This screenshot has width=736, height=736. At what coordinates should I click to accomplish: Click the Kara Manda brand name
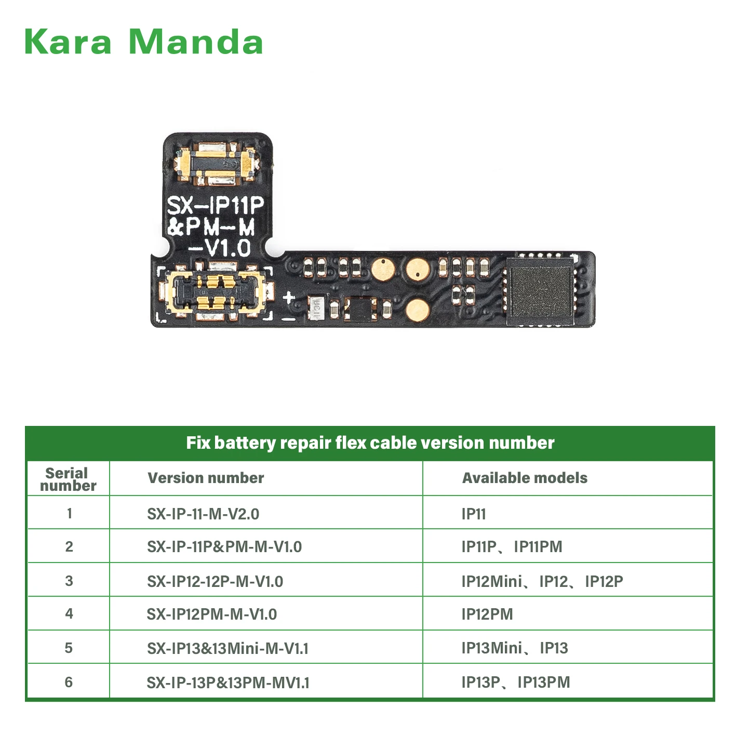click(x=143, y=42)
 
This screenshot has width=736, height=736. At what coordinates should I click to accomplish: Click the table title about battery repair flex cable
click(x=370, y=443)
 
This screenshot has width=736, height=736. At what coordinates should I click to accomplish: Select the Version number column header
click(x=206, y=478)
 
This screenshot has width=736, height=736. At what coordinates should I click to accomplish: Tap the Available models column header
click(x=525, y=478)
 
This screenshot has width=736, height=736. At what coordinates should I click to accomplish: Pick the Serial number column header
click(x=68, y=479)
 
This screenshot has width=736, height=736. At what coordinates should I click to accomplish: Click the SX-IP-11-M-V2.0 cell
click(x=203, y=514)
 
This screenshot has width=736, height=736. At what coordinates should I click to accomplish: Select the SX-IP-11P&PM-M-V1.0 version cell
click(x=224, y=547)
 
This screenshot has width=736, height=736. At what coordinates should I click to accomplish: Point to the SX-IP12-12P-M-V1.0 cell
click(x=215, y=581)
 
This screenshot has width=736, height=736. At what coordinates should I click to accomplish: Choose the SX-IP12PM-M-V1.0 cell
click(x=212, y=614)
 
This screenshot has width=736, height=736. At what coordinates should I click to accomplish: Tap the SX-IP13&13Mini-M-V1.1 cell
click(x=228, y=648)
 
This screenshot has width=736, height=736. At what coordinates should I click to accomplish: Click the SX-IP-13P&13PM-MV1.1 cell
click(x=228, y=683)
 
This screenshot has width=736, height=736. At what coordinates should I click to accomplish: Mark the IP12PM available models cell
click(x=487, y=614)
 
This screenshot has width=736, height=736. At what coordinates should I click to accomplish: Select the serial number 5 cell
click(x=69, y=648)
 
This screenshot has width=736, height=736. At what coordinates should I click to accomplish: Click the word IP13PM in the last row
click(x=544, y=683)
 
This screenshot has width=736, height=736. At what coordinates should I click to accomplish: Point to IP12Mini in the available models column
click(x=491, y=581)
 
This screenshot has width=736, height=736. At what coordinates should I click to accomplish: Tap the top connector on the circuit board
click(x=216, y=164)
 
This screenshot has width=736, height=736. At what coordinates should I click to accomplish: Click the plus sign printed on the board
click(x=289, y=298)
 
